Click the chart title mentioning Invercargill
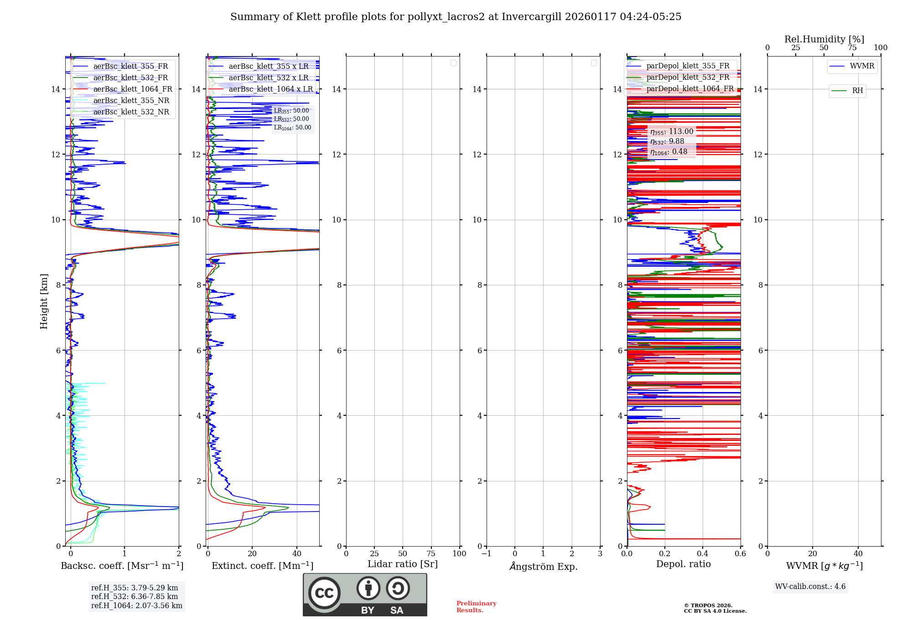coord(456,17)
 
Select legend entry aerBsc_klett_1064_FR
coord(133,89)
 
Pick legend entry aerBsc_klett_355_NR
coord(131,101)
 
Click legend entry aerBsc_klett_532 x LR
coord(269,78)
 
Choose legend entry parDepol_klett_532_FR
coord(688,77)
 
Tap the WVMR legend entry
coord(861,66)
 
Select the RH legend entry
coord(857,91)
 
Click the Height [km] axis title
coord(44,301)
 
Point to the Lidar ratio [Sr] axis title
coord(403,564)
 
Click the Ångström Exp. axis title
coord(543,567)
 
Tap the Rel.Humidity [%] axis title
coord(824,39)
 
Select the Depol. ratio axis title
coord(683,564)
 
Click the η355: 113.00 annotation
coord(672,132)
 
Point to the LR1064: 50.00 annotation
coord(292,128)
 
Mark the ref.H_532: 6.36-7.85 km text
coord(135,597)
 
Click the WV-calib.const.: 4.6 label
coord(810,587)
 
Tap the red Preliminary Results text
coord(476,607)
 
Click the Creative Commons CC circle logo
coord(324,593)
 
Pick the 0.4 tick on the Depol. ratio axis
coord(703,554)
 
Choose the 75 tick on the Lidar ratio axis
coord(431,554)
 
